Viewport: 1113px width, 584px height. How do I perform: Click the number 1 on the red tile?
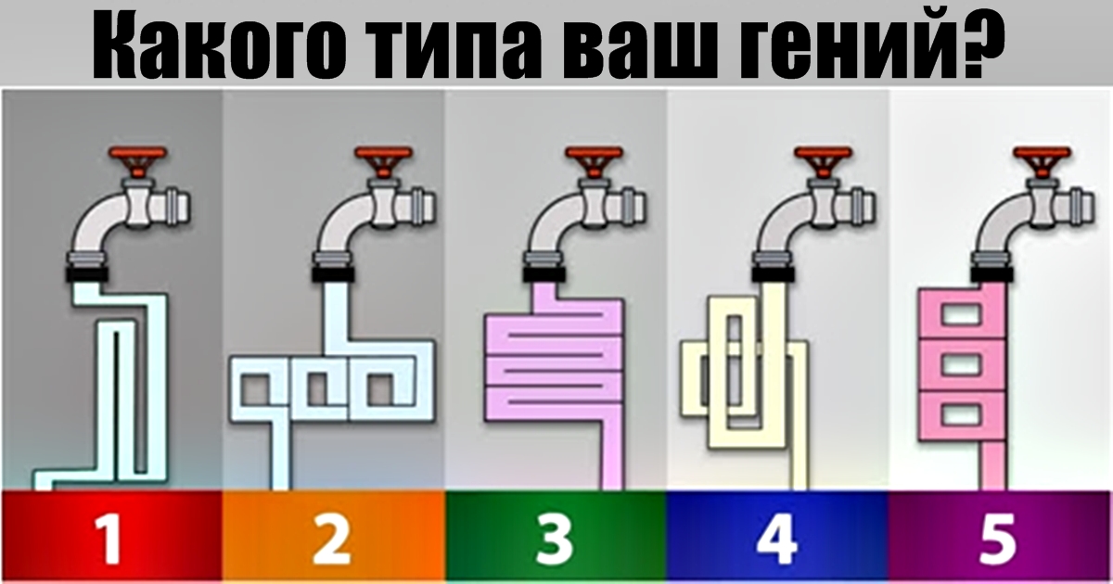109,539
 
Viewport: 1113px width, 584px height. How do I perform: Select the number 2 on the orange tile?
332,539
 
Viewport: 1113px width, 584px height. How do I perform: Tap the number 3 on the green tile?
554,539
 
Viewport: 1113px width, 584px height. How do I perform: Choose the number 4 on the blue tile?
777,539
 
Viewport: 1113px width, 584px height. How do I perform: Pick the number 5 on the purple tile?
997,540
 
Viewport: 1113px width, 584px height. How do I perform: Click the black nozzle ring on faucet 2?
333,274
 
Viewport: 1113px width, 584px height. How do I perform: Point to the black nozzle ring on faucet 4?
774,274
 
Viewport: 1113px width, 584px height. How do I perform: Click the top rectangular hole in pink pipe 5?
961,314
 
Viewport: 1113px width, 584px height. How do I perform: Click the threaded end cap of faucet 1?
179,206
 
